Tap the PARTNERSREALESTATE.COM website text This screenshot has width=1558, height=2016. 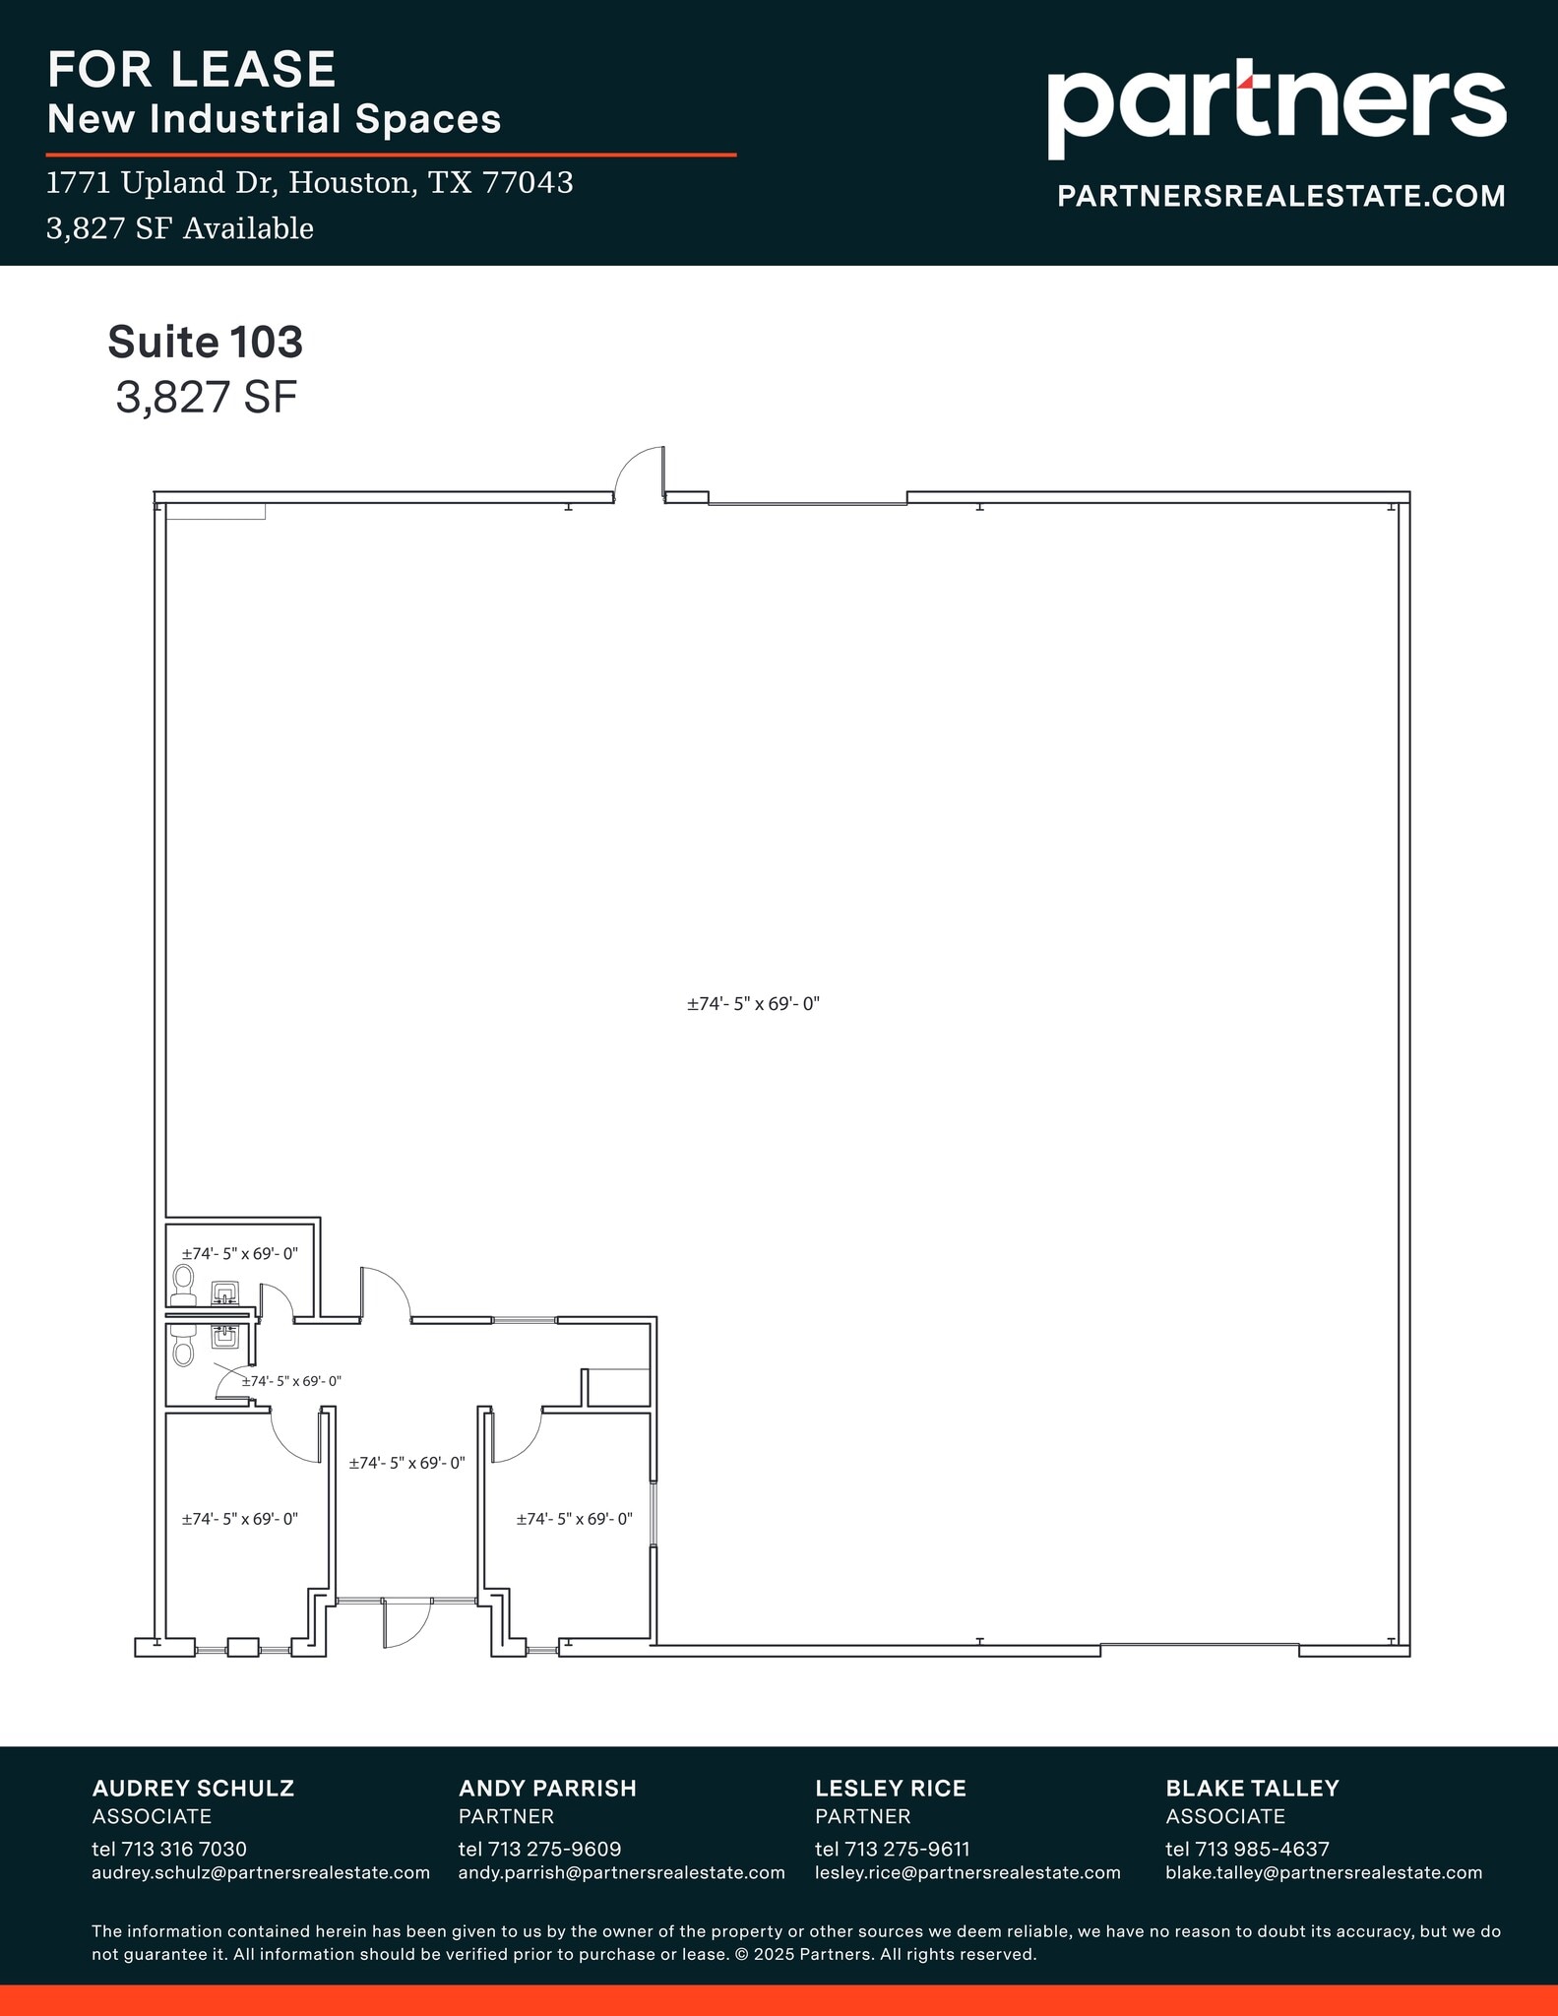(1280, 196)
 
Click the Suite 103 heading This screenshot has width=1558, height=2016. (205, 342)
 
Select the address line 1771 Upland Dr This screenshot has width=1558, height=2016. (310, 183)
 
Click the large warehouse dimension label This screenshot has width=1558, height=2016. (753, 1004)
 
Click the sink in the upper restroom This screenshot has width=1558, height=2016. (225, 1292)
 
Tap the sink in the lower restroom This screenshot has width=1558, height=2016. (225, 1336)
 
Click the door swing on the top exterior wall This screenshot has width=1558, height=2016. (640, 473)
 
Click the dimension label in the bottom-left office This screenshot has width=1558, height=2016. (239, 1519)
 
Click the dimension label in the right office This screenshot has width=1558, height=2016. (574, 1519)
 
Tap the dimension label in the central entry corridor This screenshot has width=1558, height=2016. (406, 1463)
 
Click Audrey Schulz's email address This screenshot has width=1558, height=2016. (261, 1872)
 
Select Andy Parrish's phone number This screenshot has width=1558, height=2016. (539, 1849)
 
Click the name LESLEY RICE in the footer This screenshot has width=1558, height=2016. (890, 1788)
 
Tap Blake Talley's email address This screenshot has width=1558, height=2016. (1323, 1872)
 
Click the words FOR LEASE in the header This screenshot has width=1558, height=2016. (192, 69)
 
